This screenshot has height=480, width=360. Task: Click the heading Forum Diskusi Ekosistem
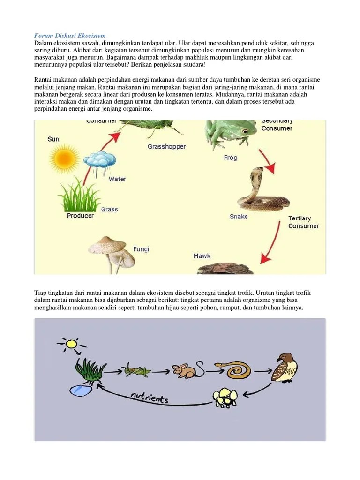[x=70, y=36]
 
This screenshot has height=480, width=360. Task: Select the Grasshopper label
[x=166, y=146]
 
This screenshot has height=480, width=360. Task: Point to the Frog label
[x=230, y=158]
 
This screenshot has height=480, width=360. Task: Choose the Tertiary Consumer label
[x=303, y=222]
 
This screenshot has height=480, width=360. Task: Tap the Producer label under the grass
[x=80, y=216]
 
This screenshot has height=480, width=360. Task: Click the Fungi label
[x=141, y=249]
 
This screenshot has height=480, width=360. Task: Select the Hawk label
[x=202, y=256]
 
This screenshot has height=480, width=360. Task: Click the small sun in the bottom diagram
[x=71, y=345]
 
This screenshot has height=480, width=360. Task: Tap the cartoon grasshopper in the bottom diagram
[x=136, y=370]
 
